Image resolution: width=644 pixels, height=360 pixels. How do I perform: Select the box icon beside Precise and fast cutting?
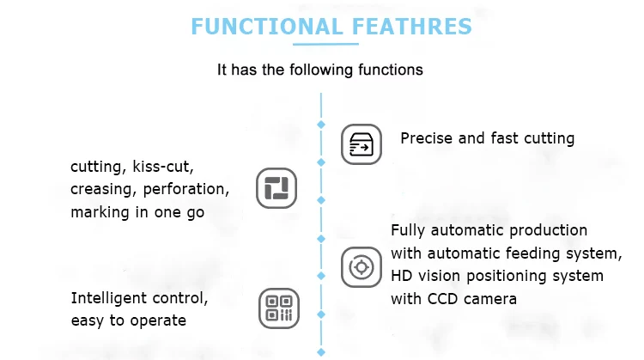click(x=361, y=144)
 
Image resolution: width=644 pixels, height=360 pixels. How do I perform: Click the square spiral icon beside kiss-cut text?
click(x=276, y=187)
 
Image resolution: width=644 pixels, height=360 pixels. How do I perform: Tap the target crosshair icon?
click(x=361, y=266)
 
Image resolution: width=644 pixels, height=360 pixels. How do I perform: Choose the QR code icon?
click(x=279, y=308)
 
